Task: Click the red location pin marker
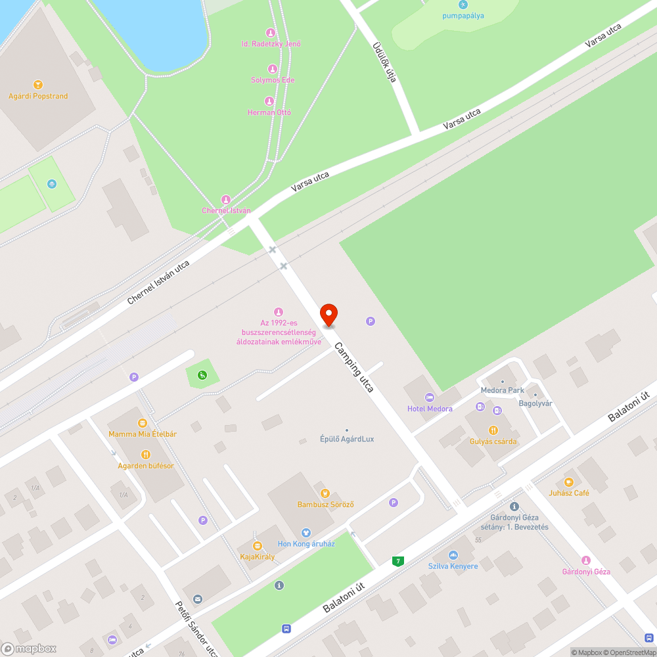[x=328, y=315]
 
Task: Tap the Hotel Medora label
[x=430, y=409]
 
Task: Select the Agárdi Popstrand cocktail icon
[x=38, y=85]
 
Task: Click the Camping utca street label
[x=353, y=367]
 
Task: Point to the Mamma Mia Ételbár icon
[x=142, y=423]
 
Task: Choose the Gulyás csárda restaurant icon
[x=493, y=430]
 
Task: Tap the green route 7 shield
[x=397, y=561]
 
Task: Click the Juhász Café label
[x=569, y=493]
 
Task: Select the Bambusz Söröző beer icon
[x=324, y=493]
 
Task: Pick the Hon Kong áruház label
[x=306, y=543]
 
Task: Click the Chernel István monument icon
[x=226, y=200]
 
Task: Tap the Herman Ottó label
[x=269, y=112]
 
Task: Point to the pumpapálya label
[x=463, y=15]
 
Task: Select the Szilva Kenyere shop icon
[x=453, y=555]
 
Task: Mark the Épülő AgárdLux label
[x=347, y=439]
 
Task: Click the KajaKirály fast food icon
[x=258, y=545]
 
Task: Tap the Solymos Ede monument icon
[x=273, y=69]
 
